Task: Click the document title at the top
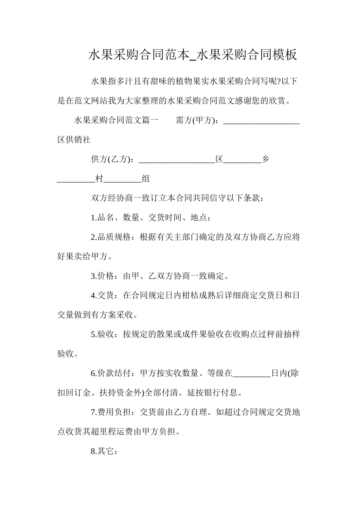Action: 193,55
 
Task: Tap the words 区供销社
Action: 74,140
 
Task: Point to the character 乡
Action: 266,159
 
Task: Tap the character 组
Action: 146,179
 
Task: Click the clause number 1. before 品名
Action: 94,218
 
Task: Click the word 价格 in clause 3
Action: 106,276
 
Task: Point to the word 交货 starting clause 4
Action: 106,295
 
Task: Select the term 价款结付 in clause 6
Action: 114,373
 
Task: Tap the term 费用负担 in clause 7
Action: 114,412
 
